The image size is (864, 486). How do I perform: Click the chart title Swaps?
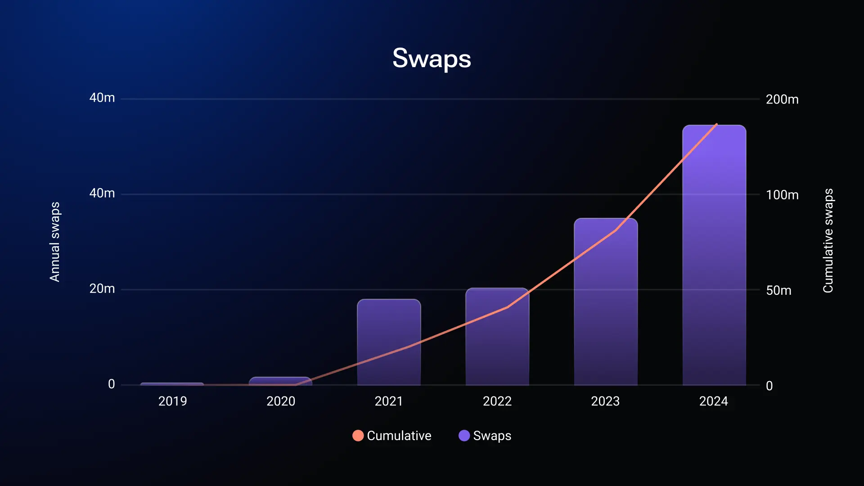[x=432, y=59]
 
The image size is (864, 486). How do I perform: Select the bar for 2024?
[x=714, y=255]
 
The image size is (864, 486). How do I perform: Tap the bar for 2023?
[x=606, y=301]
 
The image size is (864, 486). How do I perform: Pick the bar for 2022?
[x=497, y=337]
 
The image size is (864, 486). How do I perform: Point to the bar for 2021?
[x=389, y=342]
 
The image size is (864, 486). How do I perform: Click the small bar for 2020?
[x=280, y=381]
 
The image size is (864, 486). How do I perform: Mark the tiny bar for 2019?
[x=172, y=384]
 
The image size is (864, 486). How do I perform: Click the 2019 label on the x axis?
[x=172, y=401]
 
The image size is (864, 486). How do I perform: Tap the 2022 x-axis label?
[x=497, y=401]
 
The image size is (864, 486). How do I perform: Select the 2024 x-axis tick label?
[x=714, y=401]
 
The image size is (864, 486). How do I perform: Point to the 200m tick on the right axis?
[x=782, y=99]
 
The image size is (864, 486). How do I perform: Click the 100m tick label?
[x=782, y=195]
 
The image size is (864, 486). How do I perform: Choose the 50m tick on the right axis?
[x=778, y=290]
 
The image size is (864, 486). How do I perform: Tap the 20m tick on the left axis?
[x=102, y=288]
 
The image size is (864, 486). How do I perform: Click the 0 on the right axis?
[x=769, y=386]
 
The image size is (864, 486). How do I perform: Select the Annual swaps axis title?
[x=54, y=242]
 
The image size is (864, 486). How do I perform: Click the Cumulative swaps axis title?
[x=828, y=241]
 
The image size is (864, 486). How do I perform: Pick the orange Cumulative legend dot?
[x=358, y=436]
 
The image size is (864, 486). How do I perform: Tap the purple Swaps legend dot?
[x=464, y=436]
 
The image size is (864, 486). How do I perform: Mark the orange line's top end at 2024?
[x=717, y=124]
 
